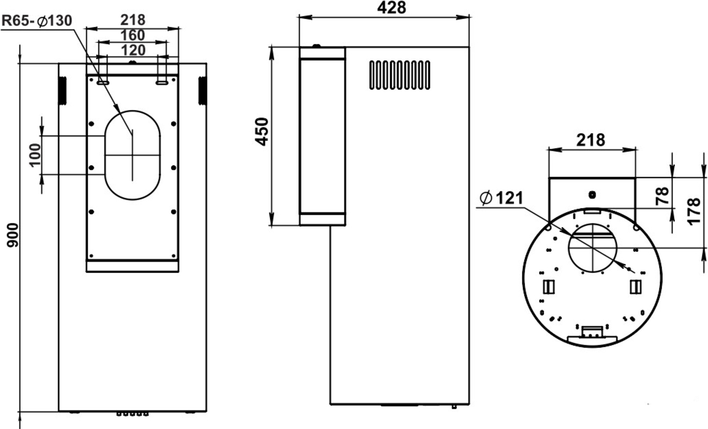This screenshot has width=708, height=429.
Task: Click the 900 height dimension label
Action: [x=13, y=235]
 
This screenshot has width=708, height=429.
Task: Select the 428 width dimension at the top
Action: [x=391, y=8]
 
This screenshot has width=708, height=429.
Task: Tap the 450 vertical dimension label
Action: [x=262, y=132]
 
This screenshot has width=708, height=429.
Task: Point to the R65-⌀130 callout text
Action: [x=37, y=21]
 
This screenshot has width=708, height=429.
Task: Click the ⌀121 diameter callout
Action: [x=502, y=198]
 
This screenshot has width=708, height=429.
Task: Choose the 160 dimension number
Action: [x=132, y=35]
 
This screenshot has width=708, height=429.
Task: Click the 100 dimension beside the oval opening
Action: [x=35, y=155]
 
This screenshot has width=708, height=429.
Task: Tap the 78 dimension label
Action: [x=662, y=196]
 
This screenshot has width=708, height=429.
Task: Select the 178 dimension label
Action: [x=694, y=212]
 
